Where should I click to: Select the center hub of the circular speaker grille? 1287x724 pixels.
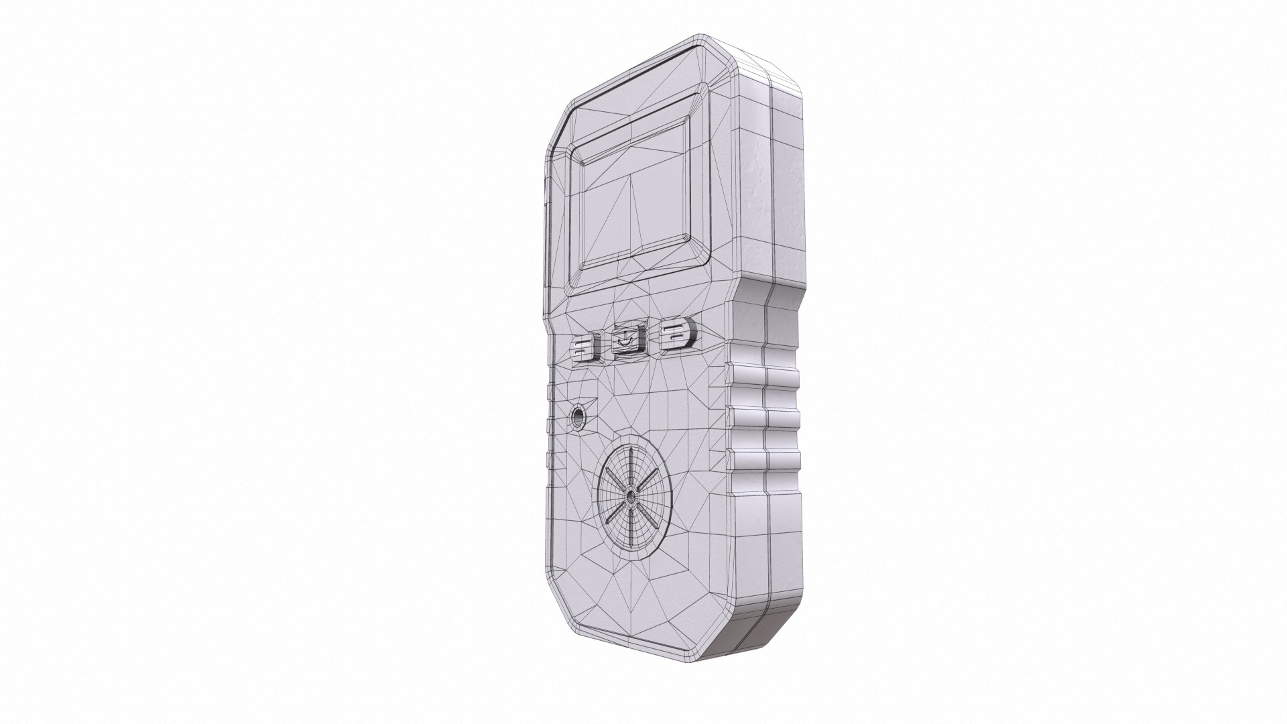(x=631, y=498)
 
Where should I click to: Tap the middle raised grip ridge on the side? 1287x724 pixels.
(x=764, y=419)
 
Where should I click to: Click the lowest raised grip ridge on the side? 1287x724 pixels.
(x=764, y=459)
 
